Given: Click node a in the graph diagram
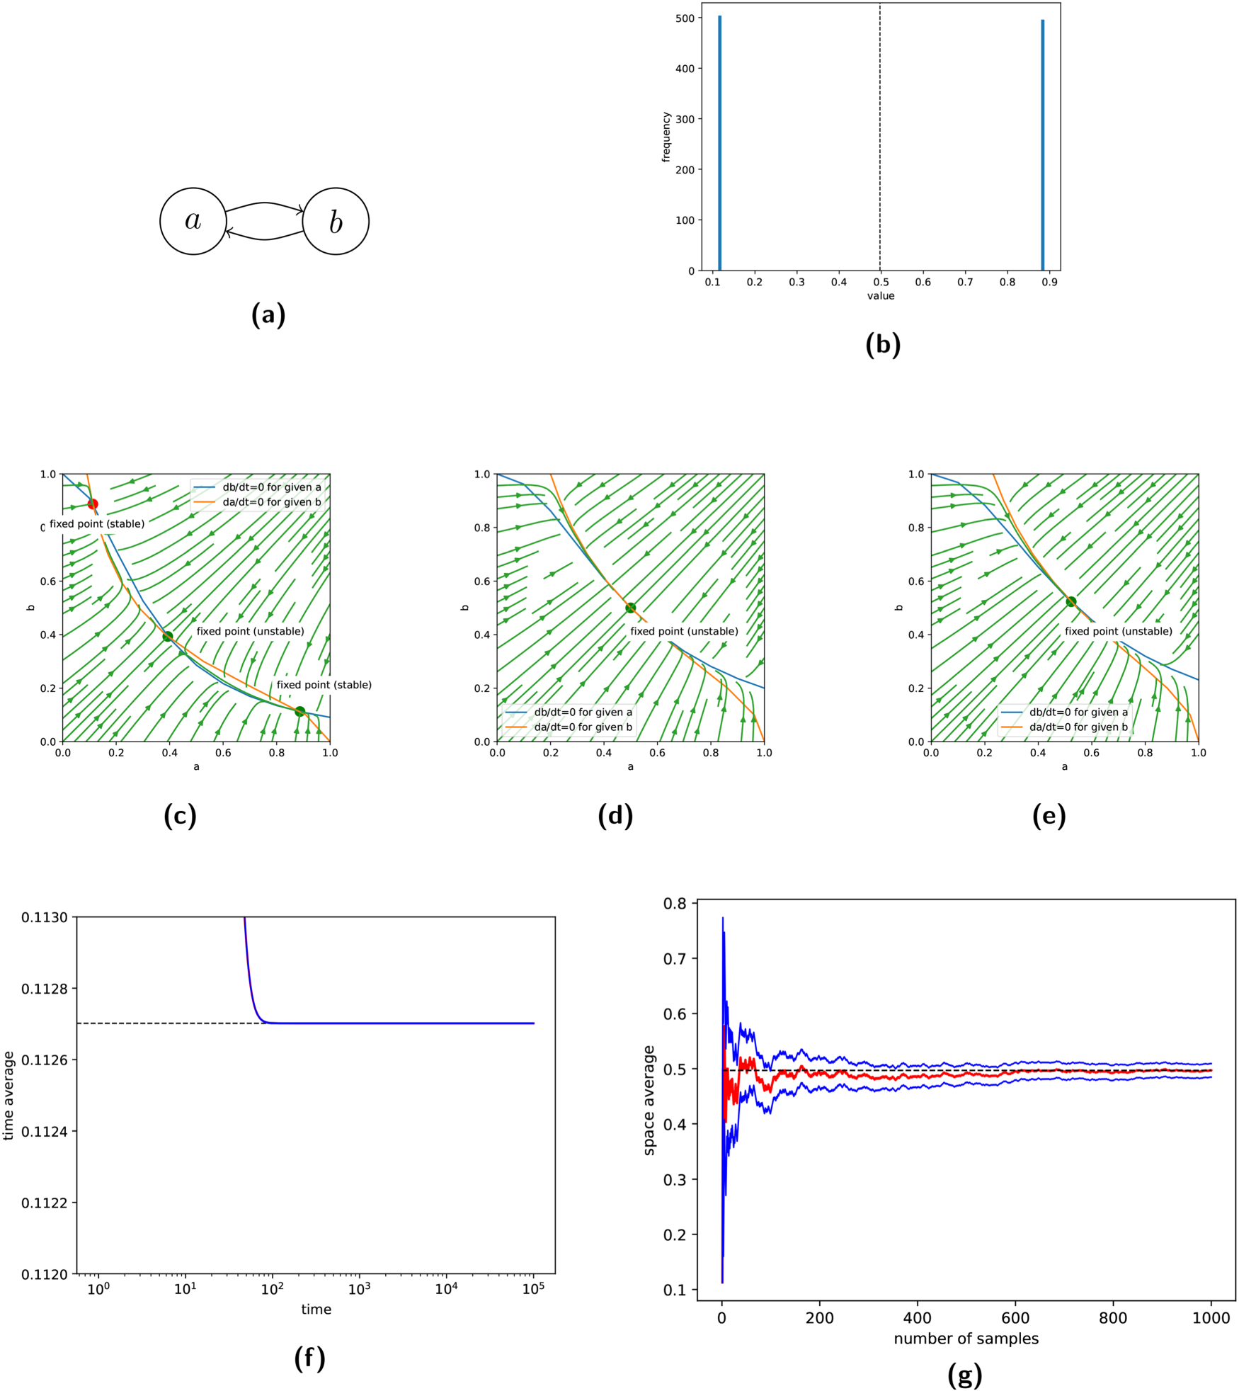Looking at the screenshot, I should pos(193,221).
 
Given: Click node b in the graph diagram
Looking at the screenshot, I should pos(336,221).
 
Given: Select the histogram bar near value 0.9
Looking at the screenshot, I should pos(1042,145).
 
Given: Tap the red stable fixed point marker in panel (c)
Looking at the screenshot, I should pos(92,504).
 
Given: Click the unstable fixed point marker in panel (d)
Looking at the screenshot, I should pos(630,608).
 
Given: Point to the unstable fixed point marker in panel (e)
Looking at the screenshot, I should pos(1071,601).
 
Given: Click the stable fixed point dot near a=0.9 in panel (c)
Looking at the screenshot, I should pos(299,711).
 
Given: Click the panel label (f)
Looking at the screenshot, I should pos(309,1358).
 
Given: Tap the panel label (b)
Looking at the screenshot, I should pos(883,344).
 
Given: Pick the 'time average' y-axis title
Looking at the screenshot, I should pos(9,1096).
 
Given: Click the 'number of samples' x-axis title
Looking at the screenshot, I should pos(966,1339).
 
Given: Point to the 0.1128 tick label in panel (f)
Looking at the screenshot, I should pos(44,989).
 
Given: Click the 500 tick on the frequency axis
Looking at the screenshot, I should pos(685,18).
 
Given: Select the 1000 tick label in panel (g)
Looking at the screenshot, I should pos(1211,1318).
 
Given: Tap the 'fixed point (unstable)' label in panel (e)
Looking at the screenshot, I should pos(1118,631).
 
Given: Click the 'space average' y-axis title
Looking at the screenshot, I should pos(649,1100).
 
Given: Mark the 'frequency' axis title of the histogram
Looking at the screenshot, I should pos(666,137).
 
